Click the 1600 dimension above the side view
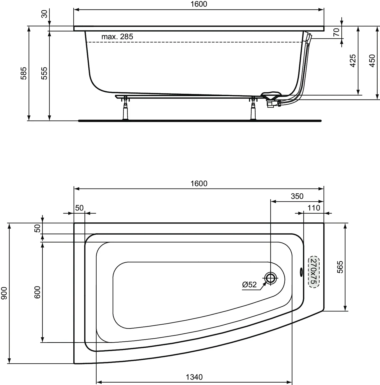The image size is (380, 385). click(x=199, y=4)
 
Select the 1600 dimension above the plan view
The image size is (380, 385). click(x=199, y=183)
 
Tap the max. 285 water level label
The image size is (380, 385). click(x=117, y=37)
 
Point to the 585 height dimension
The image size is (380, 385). click(x=24, y=73)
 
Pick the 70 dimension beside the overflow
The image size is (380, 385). click(x=336, y=32)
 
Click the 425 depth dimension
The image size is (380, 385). click(x=353, y=61)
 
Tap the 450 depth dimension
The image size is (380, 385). click(x=372, y=61)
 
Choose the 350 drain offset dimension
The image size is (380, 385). click(x=297, y=196)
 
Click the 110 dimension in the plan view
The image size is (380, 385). click(x=314, y=208)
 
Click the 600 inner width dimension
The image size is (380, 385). click(x=37, y=292)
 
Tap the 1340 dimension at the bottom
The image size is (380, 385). click(x=194, y=377)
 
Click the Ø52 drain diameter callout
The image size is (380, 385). click(x=249, y=285)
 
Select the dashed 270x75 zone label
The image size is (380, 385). click(x=313, y=272)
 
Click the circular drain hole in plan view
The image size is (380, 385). click(x=270, y=278)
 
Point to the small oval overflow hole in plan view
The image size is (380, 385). click(x=301, y=271)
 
